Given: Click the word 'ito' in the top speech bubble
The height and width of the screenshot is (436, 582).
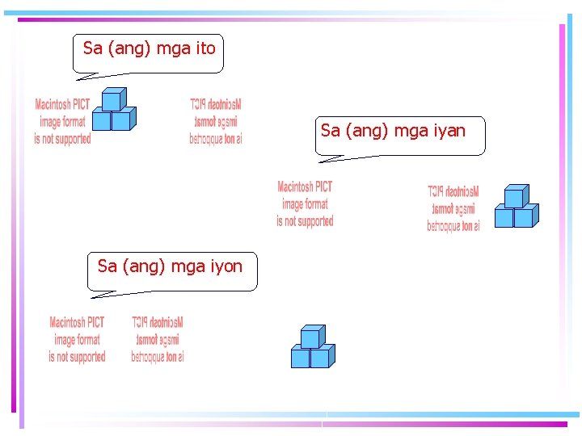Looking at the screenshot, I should point(205,48).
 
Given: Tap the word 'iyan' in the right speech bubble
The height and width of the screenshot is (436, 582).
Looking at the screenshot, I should point(449,131).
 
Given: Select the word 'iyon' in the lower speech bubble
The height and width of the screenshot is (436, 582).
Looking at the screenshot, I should point(226,266).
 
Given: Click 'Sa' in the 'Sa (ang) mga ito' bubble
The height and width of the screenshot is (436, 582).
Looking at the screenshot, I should point(93,48).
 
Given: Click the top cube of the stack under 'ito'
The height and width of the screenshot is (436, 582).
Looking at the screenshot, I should point(112,100).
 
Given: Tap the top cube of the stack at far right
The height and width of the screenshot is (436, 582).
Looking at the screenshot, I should point(514,197).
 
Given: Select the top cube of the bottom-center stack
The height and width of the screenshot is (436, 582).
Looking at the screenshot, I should point(310,337).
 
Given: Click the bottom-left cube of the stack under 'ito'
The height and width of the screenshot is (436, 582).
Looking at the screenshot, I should point(101,120).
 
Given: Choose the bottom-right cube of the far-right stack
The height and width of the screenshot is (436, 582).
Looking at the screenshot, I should point(524,217).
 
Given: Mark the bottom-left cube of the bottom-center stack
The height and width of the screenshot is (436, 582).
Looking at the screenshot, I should point(301,358).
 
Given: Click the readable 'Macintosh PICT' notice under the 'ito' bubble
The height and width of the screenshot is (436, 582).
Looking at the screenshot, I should point(62,122).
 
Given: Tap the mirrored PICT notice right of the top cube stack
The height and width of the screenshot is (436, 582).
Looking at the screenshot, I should point(216,122).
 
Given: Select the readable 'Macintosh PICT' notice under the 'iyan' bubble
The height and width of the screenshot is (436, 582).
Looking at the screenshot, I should point(305,203).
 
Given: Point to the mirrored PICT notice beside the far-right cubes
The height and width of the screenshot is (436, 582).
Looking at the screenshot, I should point(453,208).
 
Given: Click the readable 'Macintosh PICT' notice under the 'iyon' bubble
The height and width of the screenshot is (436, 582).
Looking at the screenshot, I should point(77,339).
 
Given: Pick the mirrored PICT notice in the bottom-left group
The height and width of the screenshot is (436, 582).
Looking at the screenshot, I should point(158,339).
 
